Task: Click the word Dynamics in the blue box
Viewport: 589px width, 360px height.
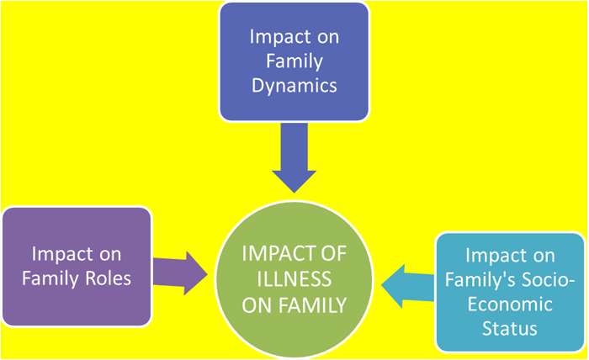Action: click(x=294, y=86)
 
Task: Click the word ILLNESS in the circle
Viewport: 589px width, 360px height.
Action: click(x=294, y=279)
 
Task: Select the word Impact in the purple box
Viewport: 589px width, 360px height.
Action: click(x=61, y=252)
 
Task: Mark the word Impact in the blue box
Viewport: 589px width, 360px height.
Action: click(x=279, y=38)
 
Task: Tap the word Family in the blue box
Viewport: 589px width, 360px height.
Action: click(x=294, y=61)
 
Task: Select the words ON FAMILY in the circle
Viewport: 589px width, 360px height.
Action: click(x=294, y=304)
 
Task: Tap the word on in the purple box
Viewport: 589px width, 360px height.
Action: click(x=106, y=252)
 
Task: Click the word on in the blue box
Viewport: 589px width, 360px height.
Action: click(x=326, y=38)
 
